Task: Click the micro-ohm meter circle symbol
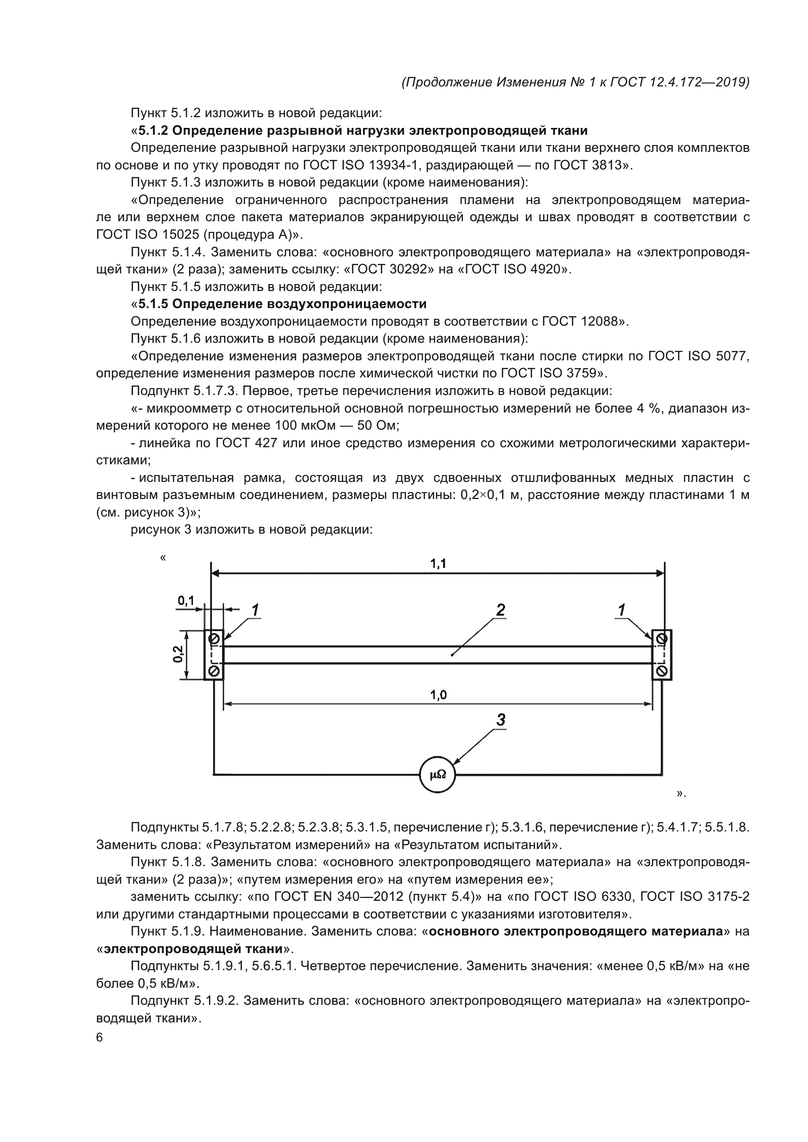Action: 437,774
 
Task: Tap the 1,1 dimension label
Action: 438,563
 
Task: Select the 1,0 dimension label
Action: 438,695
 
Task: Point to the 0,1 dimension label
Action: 186,601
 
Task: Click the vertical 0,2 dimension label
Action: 178,654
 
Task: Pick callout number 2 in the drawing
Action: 501,610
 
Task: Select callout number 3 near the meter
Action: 501,719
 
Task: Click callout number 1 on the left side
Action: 255,610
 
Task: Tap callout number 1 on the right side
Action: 621,610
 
